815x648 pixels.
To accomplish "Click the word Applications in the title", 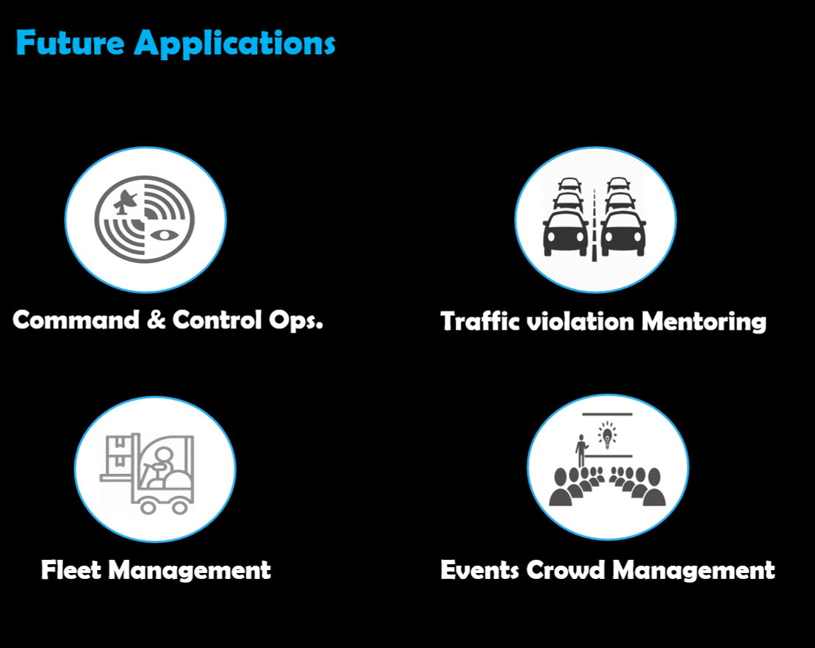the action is (x=234, y=44).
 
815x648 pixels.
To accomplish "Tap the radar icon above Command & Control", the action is (x=145, y=218).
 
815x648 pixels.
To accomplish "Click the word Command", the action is (x=76, y=320).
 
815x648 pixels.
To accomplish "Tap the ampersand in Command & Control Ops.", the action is (x=156, y=320).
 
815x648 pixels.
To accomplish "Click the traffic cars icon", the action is (x=595, y=218).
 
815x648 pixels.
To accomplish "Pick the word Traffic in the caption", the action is (x=478, y=321).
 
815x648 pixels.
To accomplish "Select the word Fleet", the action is (x=70, y=569).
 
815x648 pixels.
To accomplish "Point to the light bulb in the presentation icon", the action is (x=607, y=435).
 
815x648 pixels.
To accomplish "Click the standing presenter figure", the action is (x=581, y=449).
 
